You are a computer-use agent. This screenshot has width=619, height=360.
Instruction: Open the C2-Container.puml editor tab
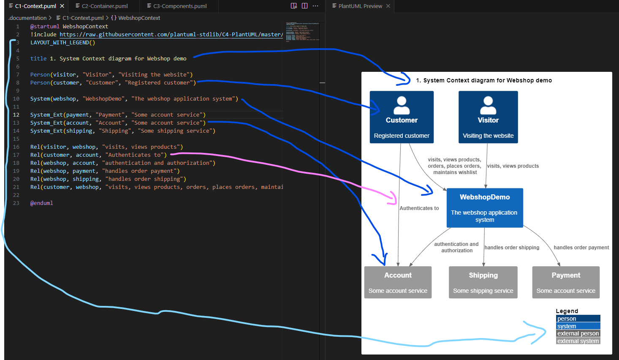pyautogui.click(x=104, y=6)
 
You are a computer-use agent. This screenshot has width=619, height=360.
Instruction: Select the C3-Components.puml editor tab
pyautogui.click(x=180, y=6)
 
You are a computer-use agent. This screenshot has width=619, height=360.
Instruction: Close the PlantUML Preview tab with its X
pyautogui.click(x=388, y=6)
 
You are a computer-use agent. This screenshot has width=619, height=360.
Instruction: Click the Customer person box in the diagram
pyautogui.click(x=402, y=117)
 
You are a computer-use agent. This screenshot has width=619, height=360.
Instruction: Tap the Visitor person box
pyautogui.click(x=488, y=117)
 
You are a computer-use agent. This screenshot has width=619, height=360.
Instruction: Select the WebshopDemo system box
pyautogui.click(x=485, y=208)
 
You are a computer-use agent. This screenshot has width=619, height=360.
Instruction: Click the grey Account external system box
pyautogui.click(x=398, y=282)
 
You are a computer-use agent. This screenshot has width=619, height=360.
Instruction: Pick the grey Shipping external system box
pyautogui.click(x=483, y=282)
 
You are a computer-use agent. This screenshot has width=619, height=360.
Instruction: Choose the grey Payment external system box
pyautogui.click(x=566, y=282)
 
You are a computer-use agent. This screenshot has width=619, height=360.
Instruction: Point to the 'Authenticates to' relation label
pyautogui.click(x=419, y=208)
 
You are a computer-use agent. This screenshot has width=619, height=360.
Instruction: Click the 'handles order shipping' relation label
pyautogui.click(x=512, y=248)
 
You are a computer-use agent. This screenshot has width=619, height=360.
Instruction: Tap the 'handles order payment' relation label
pyautogui.click(x=581, y=248)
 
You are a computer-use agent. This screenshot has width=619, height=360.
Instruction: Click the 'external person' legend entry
pyautogui.click(x=578, y=334)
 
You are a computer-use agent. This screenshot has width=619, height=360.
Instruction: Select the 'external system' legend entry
pyautogui.click(x=578, y=341)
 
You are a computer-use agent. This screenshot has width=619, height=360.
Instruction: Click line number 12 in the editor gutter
pyautogui.click(x=16, y=115)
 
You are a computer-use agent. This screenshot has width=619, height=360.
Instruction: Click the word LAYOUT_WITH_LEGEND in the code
pyautogui.click(x=60, y=43)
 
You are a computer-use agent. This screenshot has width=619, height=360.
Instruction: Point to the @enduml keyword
pyautogui.click(x=41, y=203)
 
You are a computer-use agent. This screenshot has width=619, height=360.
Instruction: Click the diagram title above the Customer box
pyautogui.click(x=484, y=80)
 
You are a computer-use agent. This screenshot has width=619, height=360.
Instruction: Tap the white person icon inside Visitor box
pyautogui.click(x=488, y=105)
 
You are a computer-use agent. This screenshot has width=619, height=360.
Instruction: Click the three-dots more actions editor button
pyautogui.click(x=315, y=6)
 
